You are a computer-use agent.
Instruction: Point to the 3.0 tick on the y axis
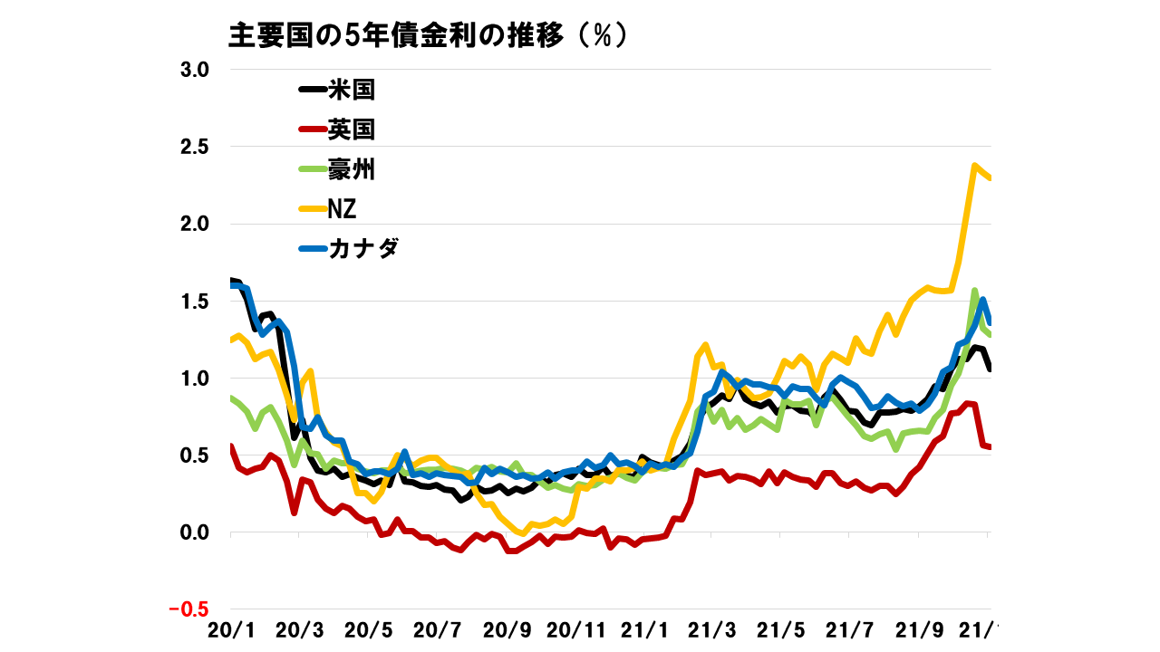click(x=191, y=70)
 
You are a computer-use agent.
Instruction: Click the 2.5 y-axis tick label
click(x=191, y=147)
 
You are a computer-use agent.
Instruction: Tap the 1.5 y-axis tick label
click(x=191, y=301)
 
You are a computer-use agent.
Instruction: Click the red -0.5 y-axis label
click(x=188, y=609)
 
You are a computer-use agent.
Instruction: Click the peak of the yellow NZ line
click(x=974, y=166)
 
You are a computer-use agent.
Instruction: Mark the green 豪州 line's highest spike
click(x=974, y=291)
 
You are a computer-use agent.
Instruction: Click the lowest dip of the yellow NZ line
click(x=520, y=533)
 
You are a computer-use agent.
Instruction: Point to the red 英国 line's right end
click(x=990, y=446)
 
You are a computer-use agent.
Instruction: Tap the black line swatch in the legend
click(x=313, y=90)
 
